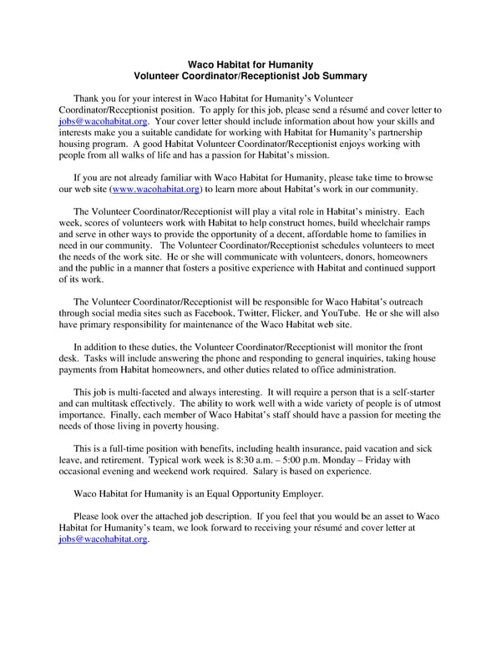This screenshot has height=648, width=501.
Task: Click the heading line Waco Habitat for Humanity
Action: (250, 64)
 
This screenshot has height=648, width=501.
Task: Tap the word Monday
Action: (359, 460)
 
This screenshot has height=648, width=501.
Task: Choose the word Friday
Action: (407, 460)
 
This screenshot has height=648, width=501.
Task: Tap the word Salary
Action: (307, 472)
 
